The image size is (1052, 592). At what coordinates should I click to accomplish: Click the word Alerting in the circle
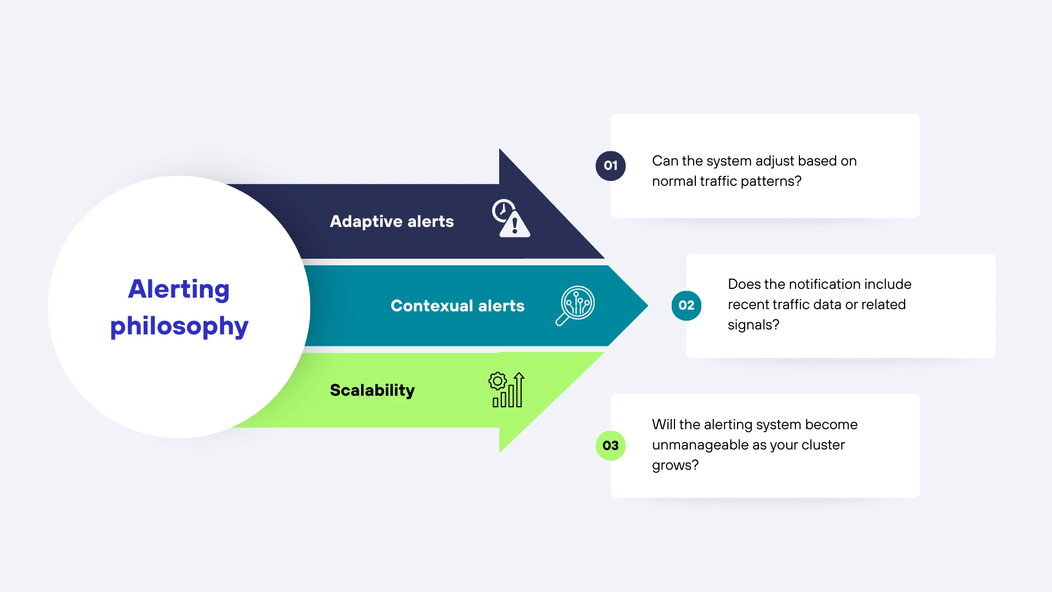pyautogui.click(x=179, y=289)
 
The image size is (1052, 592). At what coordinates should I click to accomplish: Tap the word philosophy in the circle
pyautogui.click(x=179, y=326)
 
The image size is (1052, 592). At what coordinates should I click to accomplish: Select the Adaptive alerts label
pyautogui.click(x=392, y=221)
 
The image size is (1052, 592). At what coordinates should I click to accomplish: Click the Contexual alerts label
pyautogui.click(x=458, y=306)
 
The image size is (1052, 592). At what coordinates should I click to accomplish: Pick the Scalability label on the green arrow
pyautogui.click(x=372, y=390)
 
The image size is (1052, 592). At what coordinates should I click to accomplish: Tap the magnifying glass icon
pyautogui.click(x=575, y=305)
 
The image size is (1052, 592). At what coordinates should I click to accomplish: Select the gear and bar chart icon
pyautogui.click(x=506, y=390)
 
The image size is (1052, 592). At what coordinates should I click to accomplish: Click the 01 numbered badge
pyautogui.click(x=610, y=166)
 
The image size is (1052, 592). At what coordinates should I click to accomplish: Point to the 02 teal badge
pyautogui.click(x=686, y=305)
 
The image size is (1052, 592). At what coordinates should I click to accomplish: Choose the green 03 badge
pyautogui.click(x=610, y=446)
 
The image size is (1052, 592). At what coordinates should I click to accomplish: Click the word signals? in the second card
pyautogui.click(x=753, y=325)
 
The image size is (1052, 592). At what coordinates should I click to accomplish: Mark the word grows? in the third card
pyautogui.click(x=675, y=465)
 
